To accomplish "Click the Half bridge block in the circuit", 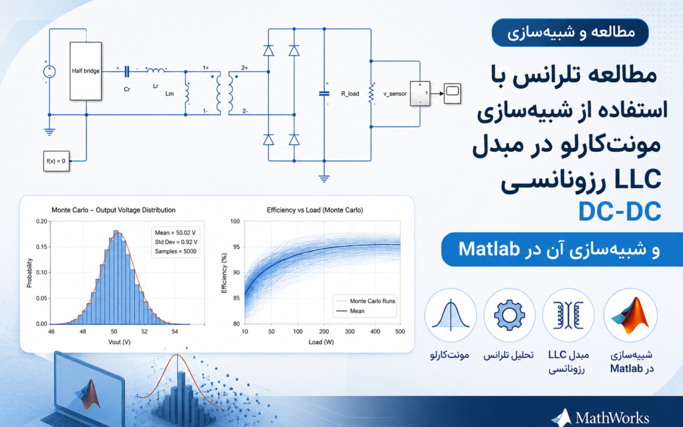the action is [86, 71].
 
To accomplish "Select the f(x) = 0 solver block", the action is [56, 161].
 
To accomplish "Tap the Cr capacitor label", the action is [126, 89].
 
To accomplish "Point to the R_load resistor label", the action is [350, 94].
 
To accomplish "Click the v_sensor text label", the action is [395, 94].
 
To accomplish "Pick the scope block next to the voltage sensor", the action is [452, 93].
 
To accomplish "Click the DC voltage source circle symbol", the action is [49, 72].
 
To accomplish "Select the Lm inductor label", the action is [169, 94].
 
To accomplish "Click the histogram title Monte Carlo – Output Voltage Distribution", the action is [113, 210].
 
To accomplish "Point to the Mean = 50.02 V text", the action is [175, 233].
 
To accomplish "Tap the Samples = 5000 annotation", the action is [176, 251].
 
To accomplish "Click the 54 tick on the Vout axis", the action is [175, 331].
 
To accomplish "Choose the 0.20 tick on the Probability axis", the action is [41, 221].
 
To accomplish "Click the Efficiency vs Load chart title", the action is [314, 210].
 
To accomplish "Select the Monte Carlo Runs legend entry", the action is [372, 301].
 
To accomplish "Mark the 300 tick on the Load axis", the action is [350, 331].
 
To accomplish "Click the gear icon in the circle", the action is [508, 314].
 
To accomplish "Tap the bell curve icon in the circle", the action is [450, 314].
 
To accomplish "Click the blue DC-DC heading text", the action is [619, 211].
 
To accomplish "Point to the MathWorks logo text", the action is [612, 418].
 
